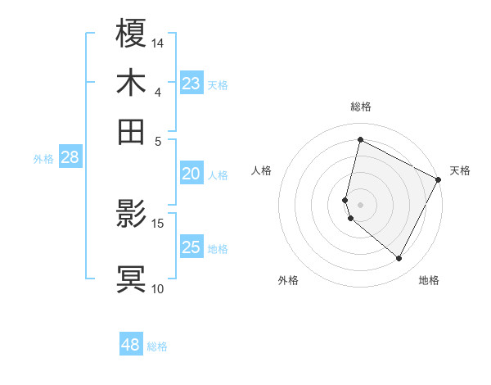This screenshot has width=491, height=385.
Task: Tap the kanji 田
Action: [x=132, y=131]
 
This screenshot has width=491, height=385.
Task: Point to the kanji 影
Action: [x=132, y=214]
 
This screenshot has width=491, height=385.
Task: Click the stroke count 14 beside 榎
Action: [x=158, y=43]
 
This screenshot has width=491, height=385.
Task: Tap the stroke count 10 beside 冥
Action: [x=158, y=288]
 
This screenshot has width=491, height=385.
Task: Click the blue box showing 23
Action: [x=191, y=84]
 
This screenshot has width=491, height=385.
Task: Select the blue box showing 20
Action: [x=191, y=174]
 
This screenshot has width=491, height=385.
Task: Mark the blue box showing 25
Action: [x=191, y=247]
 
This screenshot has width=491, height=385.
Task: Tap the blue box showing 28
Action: [x=70, y=158]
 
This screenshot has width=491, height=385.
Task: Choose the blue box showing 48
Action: [x=131, y=345]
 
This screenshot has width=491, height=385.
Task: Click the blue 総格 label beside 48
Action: [x=157, y=346]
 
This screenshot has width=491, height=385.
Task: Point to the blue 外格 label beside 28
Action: [x=43, y=160]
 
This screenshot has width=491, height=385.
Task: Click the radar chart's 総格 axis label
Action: [x=360, y=106]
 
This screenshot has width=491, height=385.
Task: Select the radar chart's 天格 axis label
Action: [x=460, y=170]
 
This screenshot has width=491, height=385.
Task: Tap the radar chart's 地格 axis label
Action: [x=429, y=280]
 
